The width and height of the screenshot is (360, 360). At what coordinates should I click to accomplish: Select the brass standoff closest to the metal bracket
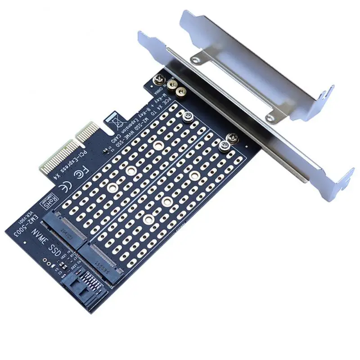tap(181, 92)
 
